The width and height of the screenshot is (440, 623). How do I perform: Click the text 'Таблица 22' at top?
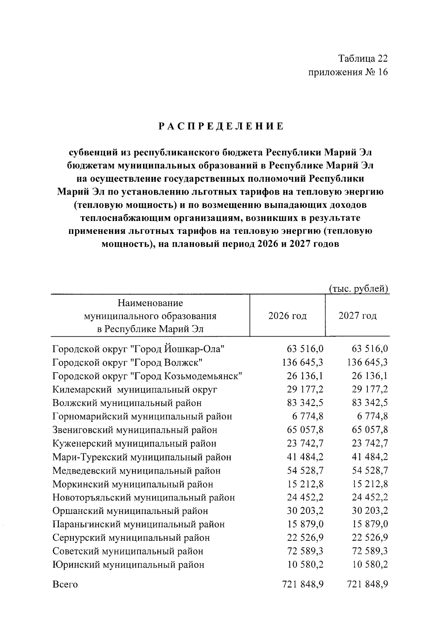(x=363, y=59)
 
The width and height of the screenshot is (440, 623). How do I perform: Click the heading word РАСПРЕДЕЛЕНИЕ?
(x=221, y=126)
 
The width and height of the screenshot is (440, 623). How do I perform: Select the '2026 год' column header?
(x=287, y=316)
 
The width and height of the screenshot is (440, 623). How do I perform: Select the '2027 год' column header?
(x=357, y=316)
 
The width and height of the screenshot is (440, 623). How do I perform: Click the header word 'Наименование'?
(x=150, y=303)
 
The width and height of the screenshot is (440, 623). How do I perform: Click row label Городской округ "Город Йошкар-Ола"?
(x=138, y=349)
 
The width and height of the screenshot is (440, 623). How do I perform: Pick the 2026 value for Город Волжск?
(x=302, y=363)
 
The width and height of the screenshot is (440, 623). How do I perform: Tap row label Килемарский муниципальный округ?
(x=135, y=390)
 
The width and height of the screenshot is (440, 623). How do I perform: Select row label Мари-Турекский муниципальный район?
(x=142, y=457)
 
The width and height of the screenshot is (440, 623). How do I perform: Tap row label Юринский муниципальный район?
(x=128, y=565)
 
